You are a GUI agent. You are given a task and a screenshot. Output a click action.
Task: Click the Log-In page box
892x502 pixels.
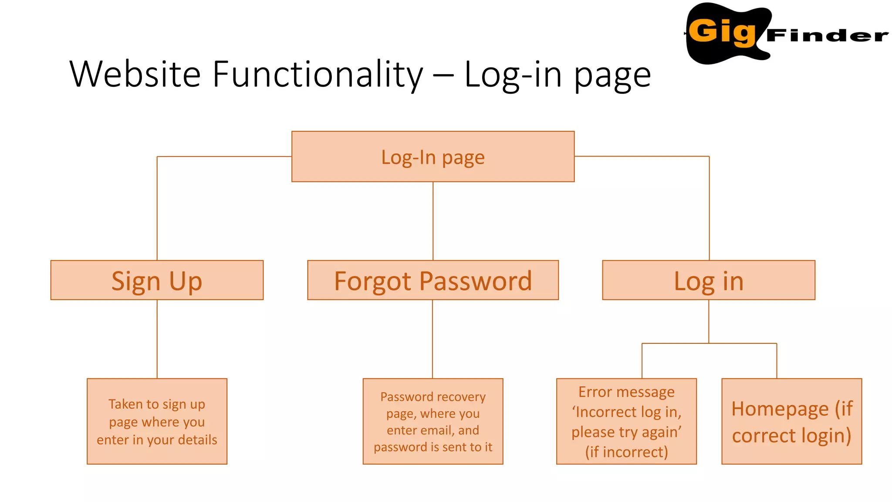point(432,156)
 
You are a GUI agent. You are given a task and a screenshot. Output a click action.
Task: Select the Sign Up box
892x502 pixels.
point(157,280)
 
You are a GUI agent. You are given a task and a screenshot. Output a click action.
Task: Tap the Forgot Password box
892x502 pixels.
point(432,280)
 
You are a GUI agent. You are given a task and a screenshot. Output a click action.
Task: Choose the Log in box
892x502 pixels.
point(708,280)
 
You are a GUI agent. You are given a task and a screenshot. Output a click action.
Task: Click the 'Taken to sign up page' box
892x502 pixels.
point(157,421)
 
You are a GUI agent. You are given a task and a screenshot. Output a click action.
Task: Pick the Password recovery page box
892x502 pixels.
point(432,421)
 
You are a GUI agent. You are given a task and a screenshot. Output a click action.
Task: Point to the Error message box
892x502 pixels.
point(626,421)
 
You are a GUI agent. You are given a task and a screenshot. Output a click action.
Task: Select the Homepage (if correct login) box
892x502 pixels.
point(791,421)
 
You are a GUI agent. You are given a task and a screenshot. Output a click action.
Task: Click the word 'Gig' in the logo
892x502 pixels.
point(722,31)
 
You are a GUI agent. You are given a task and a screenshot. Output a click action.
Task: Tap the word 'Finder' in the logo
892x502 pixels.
point(827,35)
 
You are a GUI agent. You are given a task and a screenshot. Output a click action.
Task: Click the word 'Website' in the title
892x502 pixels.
point(135,74)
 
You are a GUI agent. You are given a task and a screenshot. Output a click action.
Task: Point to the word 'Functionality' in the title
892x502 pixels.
point(318,74)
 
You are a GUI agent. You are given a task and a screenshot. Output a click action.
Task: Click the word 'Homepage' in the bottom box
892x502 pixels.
point(780,409)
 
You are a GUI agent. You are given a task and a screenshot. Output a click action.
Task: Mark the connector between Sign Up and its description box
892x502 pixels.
point(157,339)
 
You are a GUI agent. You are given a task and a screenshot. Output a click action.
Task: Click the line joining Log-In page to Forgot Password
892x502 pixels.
point(433,221)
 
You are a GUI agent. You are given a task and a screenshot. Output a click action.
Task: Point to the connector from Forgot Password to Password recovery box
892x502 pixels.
point(432,339)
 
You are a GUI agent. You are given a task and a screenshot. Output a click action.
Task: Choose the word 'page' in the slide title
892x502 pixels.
point(612,75)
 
